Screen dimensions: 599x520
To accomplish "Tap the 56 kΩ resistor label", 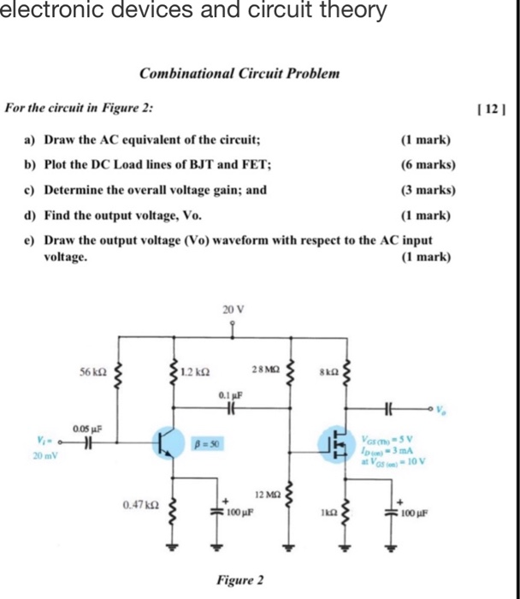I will pos(92,373).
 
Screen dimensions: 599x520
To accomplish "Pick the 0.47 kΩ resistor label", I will pos(139,506).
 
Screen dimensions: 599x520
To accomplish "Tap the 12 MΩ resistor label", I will pos(268,495).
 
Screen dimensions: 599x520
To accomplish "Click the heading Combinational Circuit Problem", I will pos(239,74).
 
